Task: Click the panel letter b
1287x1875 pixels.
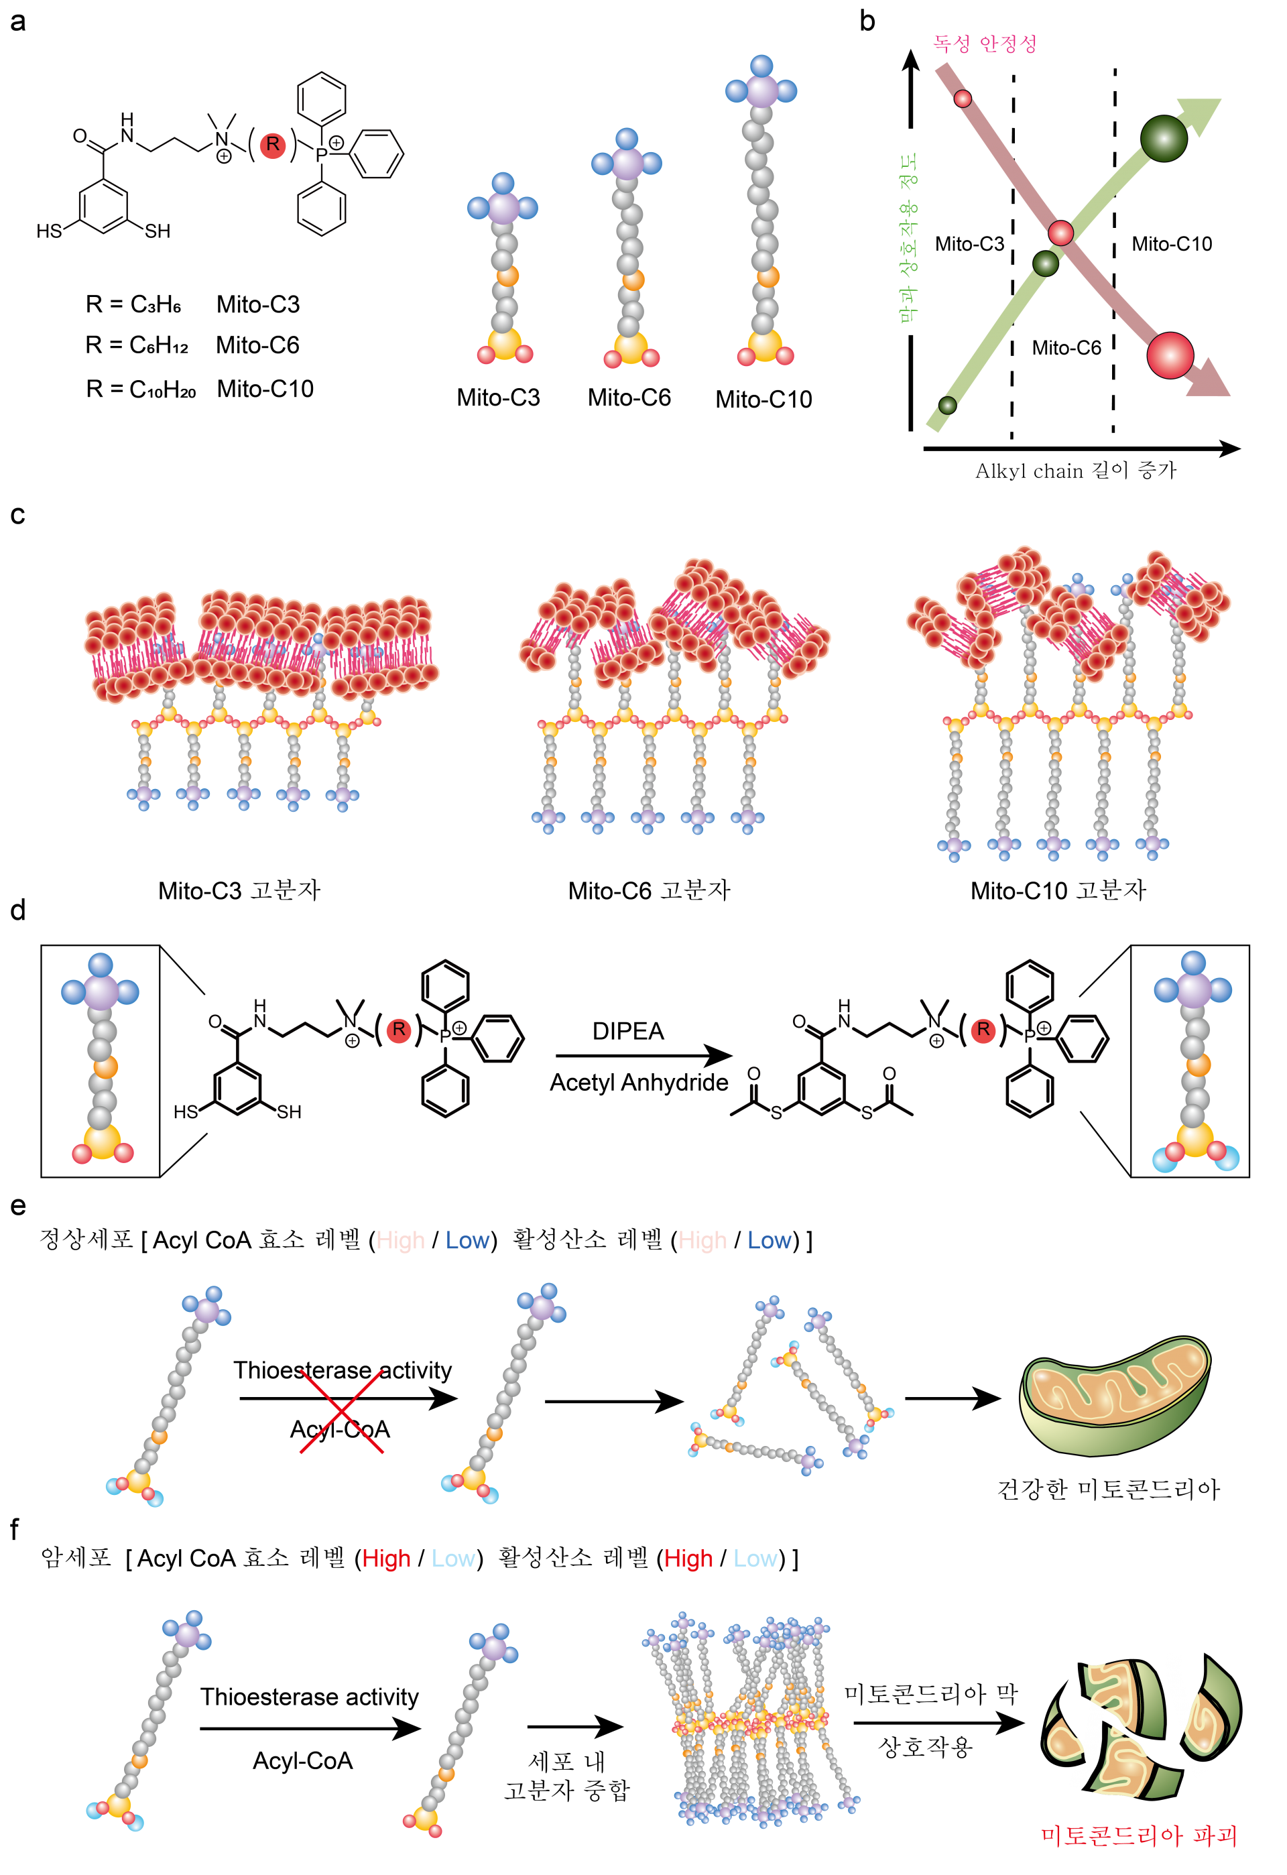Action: (867, 21)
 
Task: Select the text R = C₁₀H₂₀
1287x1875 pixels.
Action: (141, 389)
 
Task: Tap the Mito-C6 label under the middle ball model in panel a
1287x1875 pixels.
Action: (629, 397)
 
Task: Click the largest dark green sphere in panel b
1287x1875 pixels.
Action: (1164, 138)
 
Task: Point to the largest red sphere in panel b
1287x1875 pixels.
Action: (1169, 355)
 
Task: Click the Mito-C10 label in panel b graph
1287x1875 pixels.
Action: (1172, 243)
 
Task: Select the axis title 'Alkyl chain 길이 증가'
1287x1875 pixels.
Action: (1076, 471)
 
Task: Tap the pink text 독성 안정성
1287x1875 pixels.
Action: (985, 44)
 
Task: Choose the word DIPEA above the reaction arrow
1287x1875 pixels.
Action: (628, 1031)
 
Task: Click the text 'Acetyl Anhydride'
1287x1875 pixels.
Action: (638, 1082)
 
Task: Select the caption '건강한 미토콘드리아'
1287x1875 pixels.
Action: (1108, 1489)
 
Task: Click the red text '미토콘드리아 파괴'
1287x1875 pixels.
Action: (1139, 1835)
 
